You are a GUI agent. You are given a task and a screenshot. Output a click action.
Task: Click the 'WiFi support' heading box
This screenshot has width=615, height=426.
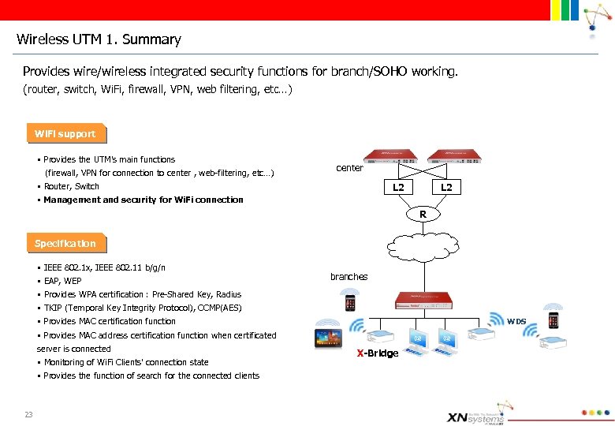coord(65,134)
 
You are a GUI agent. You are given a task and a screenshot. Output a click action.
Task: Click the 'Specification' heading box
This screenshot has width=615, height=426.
coord(65,244)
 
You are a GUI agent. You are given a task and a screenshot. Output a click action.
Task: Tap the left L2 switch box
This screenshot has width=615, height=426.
coord(398,187)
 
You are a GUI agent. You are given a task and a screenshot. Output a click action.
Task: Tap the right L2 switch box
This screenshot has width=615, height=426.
coord(446,187)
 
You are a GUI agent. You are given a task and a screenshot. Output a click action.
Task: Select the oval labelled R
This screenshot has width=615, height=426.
coord(423,215)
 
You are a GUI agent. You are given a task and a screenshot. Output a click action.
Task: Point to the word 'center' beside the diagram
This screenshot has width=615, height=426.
coord(349,168)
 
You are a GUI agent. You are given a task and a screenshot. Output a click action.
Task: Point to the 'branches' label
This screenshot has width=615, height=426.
coord(348,277)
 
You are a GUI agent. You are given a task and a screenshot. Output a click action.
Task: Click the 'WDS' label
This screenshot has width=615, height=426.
coord(516,321)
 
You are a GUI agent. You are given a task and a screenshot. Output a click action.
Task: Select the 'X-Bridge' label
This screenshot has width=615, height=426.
coord(378,353)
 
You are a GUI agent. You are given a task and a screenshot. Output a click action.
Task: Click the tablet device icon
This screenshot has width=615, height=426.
coord(329,338)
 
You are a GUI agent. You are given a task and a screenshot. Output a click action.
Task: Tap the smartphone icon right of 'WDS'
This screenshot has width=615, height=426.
coord(553,320)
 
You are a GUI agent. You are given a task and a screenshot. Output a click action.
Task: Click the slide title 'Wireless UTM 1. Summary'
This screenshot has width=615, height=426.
coord(99,39)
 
